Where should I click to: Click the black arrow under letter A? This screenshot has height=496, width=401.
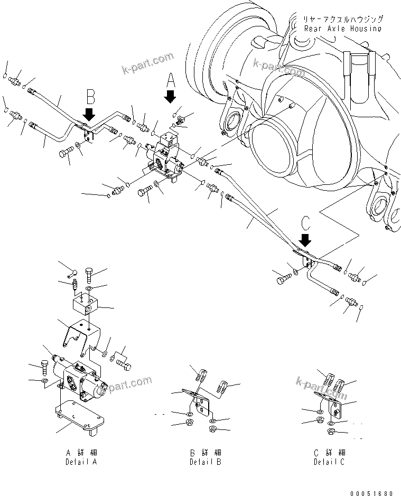tap(170, 97)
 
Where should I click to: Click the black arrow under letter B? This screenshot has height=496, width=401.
tap(89, 114)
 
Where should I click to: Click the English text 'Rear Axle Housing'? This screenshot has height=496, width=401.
tap(342, 29)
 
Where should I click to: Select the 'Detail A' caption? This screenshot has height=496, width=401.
tap(81, 457)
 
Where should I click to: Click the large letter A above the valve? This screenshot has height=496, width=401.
tap(170, 80)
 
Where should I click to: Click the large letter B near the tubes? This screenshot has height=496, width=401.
tap(90, 97)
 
